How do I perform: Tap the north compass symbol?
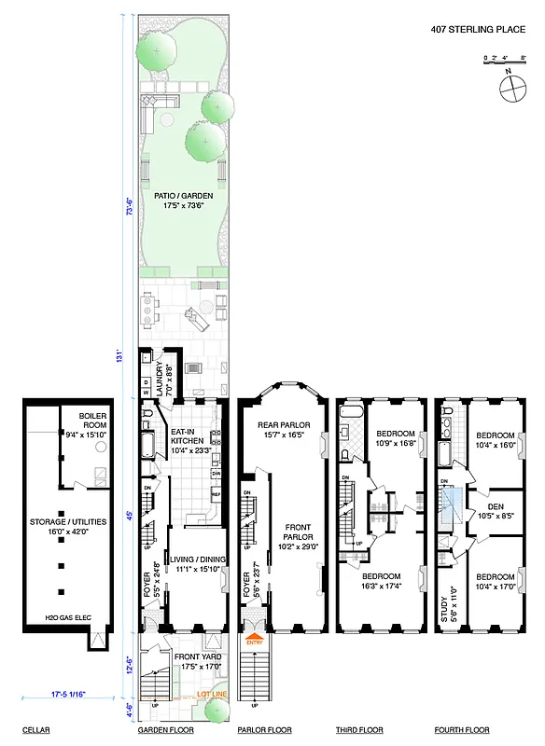pos(512,89)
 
